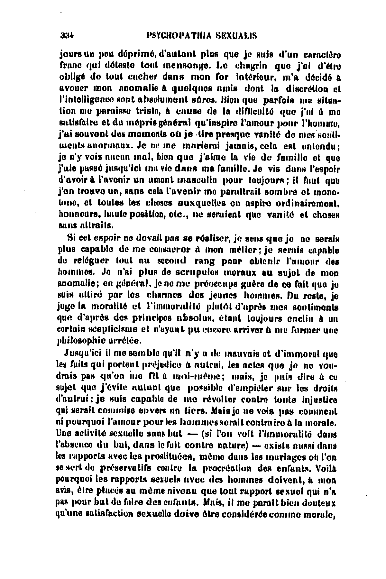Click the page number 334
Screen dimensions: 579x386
[67, 35]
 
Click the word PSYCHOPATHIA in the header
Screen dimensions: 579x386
[174, 35]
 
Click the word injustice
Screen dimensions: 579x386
[319, 401]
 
